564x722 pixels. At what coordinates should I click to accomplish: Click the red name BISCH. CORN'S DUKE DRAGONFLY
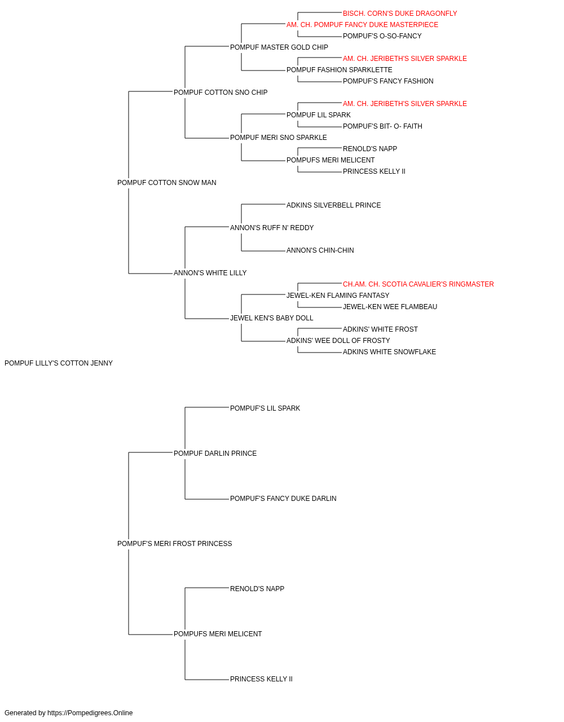(399, 14)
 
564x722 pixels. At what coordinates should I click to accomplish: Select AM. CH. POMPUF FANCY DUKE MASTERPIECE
(362, 25)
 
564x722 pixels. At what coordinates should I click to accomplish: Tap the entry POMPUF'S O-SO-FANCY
(382, 36)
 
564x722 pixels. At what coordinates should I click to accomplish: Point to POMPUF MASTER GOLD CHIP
(279, 47)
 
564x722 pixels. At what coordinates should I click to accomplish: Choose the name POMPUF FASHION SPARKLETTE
(339, 70)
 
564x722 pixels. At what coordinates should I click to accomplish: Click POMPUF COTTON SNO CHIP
(220, 93)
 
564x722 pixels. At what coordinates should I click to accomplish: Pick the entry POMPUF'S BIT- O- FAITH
(382, 126)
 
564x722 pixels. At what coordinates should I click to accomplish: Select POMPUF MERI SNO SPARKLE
(279, 138)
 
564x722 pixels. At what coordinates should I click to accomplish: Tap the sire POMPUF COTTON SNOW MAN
(167, 183)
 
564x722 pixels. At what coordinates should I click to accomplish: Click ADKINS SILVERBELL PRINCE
(333, 206)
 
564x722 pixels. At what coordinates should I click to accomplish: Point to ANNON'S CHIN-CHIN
(320, 251)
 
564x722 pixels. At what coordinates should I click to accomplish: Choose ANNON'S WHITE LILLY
(210, 274)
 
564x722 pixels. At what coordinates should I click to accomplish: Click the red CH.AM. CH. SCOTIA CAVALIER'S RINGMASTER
(418, 285)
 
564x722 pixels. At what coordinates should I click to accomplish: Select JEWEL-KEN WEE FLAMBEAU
(390, 307)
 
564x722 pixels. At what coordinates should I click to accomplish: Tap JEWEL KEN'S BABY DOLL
(271, 319)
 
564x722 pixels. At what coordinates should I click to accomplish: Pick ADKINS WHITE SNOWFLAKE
(389, 353)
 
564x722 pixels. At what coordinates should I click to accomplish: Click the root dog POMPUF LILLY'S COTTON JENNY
(59, 364)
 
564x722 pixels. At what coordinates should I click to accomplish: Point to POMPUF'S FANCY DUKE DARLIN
(283, 499)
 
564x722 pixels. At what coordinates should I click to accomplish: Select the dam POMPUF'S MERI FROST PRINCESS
(174, 544)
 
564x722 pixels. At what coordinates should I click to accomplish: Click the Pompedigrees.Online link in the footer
(90, 714)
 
